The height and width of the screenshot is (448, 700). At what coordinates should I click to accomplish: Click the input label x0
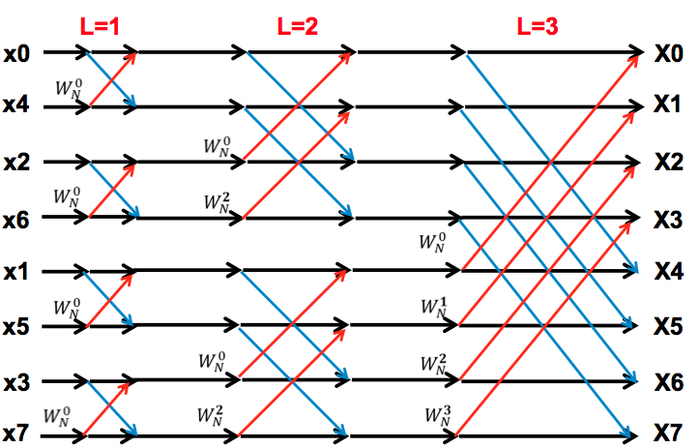pos(16,52)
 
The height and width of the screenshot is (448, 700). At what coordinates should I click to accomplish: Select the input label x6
pos(16,219)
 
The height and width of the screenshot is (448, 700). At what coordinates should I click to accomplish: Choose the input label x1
pos(16,273)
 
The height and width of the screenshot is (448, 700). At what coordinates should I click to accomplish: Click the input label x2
pos(16,162)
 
